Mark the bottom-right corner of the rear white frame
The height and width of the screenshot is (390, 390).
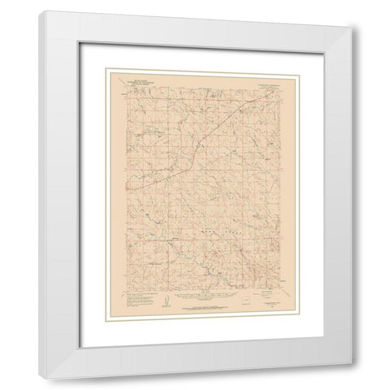pos(358,376)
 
